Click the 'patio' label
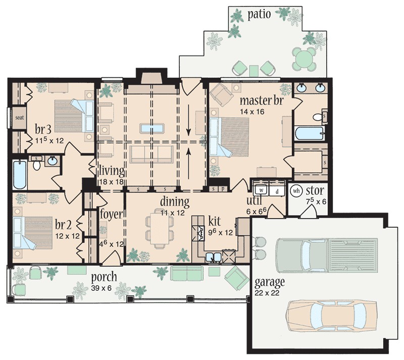[x=259, y=15]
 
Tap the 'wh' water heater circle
[x=296, y=191]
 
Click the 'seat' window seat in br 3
[x=19, y=118]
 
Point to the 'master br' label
[x=262, y=100]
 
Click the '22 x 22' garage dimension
[x=267, y=293]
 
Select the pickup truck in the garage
[x=327, y=255]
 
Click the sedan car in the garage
[x=331, y=315]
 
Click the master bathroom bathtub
[x=309, y=133]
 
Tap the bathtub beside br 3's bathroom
[x=20, y=175]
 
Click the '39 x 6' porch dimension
[x=102, y=288]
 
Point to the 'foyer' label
[x=111, y=214]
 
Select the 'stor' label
[x=315, y=191]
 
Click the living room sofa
[x=151, y=155]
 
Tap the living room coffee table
[x=152, y=128]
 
